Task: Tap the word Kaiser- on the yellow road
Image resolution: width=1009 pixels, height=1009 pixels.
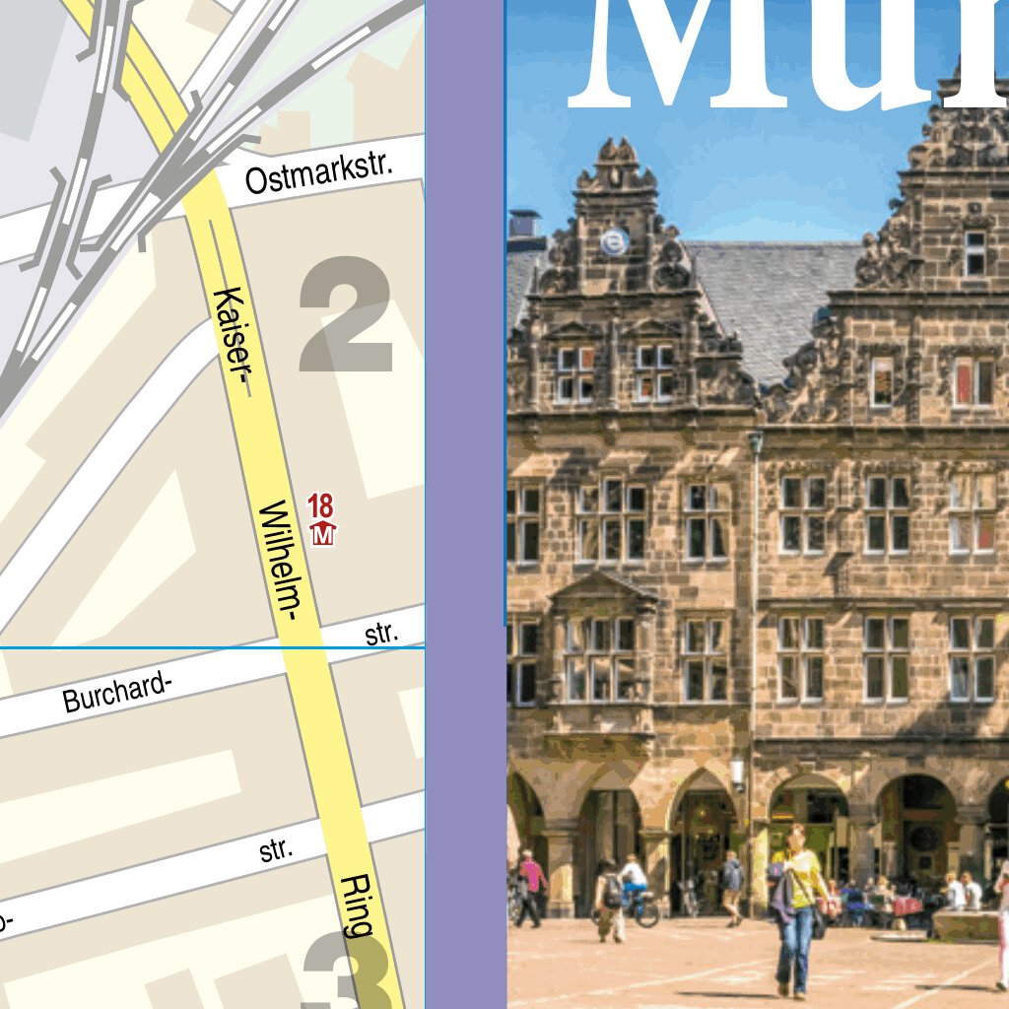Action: coord(233,342)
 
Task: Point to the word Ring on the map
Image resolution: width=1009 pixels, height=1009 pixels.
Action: coord(356,904)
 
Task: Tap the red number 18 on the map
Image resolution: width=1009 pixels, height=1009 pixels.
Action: coord(321,507)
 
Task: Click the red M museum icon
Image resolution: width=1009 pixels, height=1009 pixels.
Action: coord(323,535)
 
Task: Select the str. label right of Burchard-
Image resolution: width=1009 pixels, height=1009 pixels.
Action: coord(381,634)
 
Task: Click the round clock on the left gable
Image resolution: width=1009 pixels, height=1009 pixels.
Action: coord(615,241)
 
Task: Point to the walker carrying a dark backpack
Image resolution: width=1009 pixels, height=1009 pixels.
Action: coord(611,899)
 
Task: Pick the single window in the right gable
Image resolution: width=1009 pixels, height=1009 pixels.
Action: coord(975,253)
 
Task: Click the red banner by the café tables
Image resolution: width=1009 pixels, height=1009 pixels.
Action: coord(907,905)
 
